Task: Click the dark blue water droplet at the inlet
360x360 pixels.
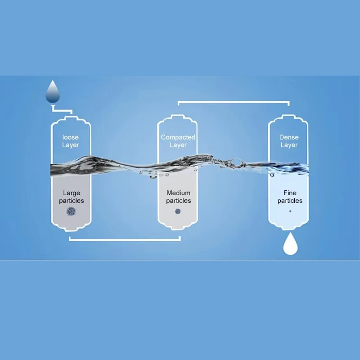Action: click(53, 93)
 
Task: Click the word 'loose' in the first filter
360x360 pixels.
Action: click(71, 137)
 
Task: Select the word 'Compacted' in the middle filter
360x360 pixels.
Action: click(178, 137)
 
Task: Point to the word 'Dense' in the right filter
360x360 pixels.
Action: click(289, 137)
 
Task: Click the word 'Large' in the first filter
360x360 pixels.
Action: click(71, 193)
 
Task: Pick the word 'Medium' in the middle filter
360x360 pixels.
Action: click(178, 193)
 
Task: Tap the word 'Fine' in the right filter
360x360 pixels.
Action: click(290, 193)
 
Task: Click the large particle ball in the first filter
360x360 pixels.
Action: click(71, 211)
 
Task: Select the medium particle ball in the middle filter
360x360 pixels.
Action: click(178, 211)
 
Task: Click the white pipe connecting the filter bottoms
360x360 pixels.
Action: click(125, 239)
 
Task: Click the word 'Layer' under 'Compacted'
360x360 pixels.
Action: click(178, 145)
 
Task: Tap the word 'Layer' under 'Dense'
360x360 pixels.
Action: click(289, 145)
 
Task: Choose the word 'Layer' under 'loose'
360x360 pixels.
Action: click(71, 145)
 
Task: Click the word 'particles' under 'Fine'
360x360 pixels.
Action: click(290, 201)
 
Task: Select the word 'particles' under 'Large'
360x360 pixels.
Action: click(71, 201)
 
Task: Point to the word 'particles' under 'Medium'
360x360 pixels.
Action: click(178, 201)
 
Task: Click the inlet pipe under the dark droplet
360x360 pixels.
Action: click(62, 110)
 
